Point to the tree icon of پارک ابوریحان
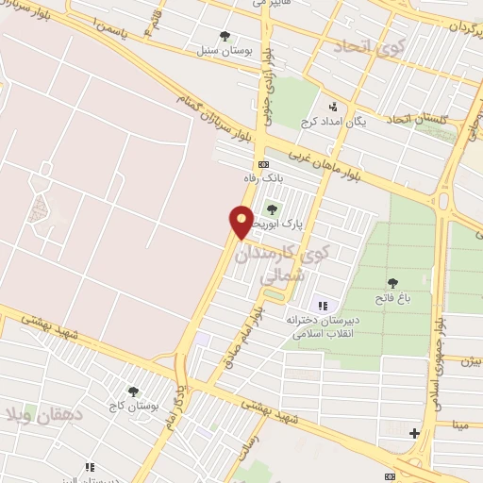point(272,209)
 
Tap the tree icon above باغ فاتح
point(392,282)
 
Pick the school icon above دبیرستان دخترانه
point(324,305)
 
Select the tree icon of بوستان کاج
point(132,390)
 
